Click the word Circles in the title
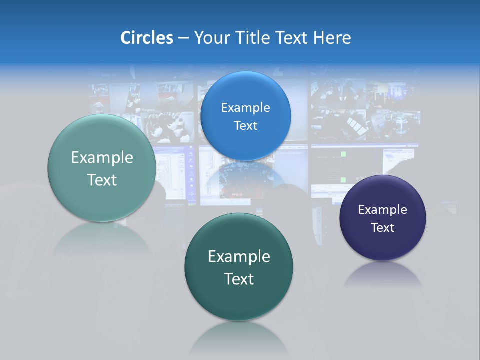[x=146, y=38]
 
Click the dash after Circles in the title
[x=183, y=38]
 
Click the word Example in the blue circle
[x=245, y=107]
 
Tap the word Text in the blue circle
[x=245, y=125]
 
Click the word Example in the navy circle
[x=382, y=209]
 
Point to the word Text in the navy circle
[x=382, y=227]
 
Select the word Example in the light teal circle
[x=102, y=158]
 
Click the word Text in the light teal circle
[x=102, y=180]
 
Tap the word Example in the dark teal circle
[x=239, y=257]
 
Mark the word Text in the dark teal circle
[x=239, y=279]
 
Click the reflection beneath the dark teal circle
[x=239, y=337]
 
